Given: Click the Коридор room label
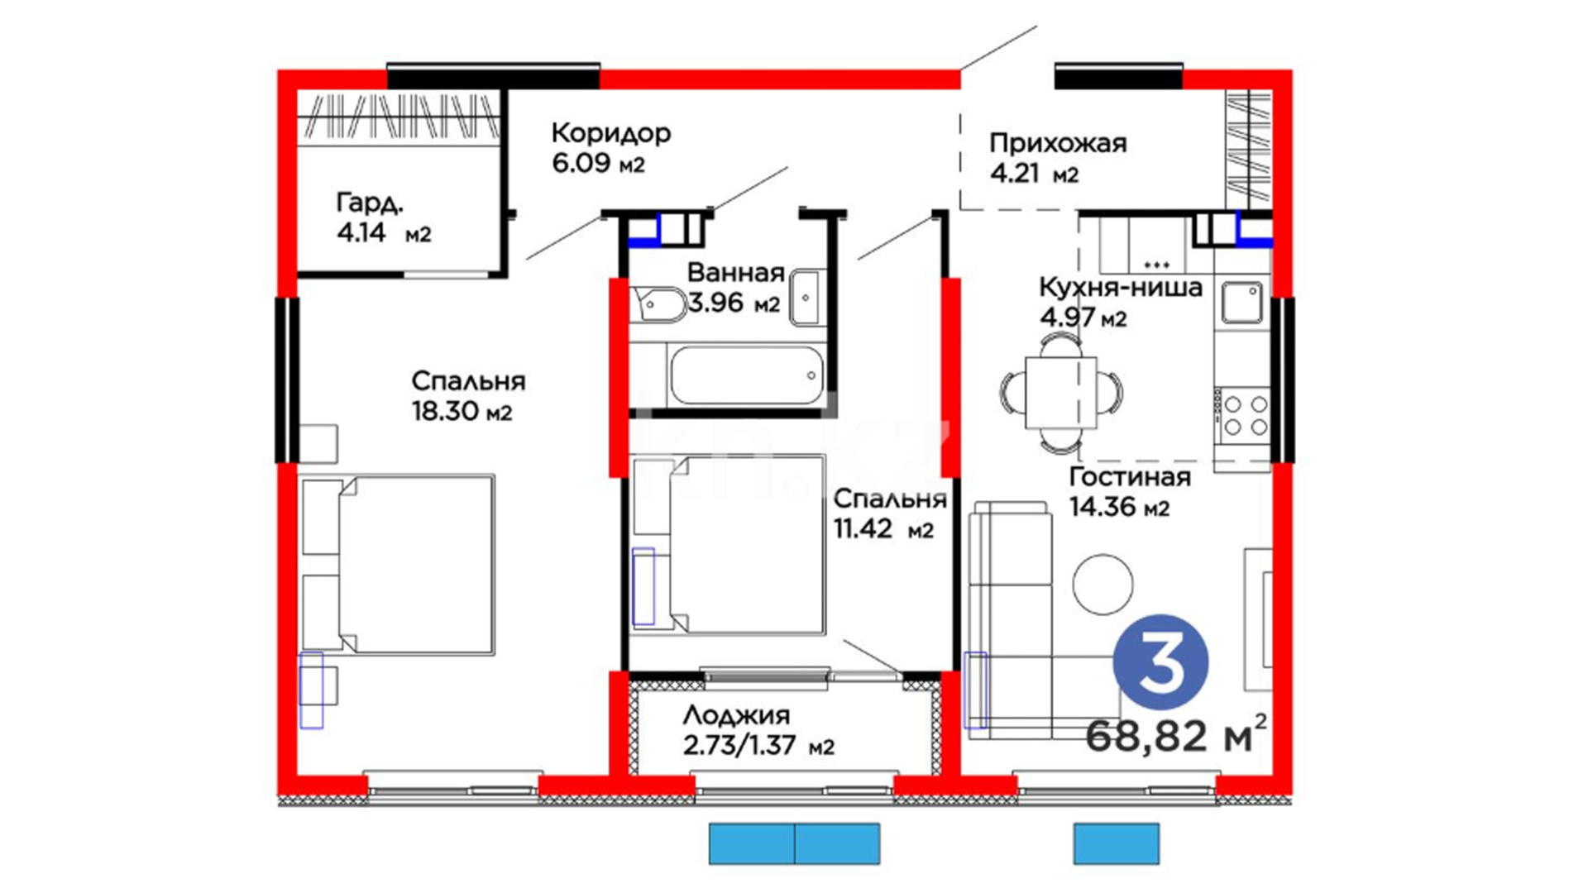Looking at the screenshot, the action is [x=610, y=133].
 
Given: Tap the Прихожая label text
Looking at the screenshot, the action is [x=1058, y=143].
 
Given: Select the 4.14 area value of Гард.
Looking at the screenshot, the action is [x=361, y=232].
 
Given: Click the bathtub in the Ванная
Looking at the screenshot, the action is [x=746, y=375].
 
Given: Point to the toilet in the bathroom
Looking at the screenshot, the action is [x=658, y=303].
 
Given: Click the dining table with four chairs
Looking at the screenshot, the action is [x=1061, y=393].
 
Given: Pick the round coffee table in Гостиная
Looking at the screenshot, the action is [x=1103, y=585].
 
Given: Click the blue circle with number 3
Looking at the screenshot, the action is [x=1160, y=662].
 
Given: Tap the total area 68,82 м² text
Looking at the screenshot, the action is [x=1175, y=733].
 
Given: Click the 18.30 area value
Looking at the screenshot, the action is [x=445, y=411].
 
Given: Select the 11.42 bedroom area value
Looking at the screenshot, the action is [x=863, y=528].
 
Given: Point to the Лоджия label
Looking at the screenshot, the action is [x=736, y=715].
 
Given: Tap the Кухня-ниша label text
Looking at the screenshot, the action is [x=1121, y=288].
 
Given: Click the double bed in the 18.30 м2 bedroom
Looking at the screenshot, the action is [x=398, y=565].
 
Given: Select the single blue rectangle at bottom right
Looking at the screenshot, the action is [x=1117, y=844].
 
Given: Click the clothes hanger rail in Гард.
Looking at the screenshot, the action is [x=399, y=115].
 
